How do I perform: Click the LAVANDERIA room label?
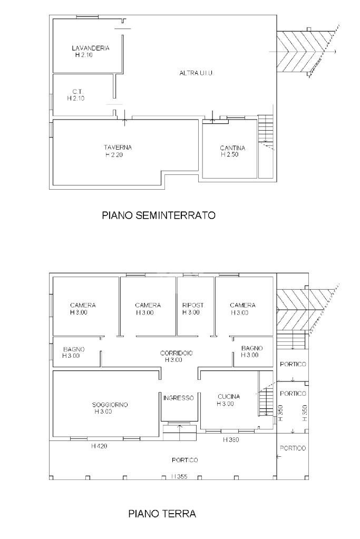coord(91,48)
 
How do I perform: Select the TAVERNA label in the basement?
coord(118,148)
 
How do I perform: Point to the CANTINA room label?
coord(233,148)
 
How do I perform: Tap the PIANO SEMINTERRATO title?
coord(159,215)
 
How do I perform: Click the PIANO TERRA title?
coord(162,514)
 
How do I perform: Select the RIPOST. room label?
coord(193,305)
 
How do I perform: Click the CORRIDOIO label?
coord(177,353)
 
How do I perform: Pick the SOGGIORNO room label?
coord(110,405)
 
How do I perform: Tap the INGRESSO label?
coord(179,398)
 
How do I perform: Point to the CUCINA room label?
coord(229,396)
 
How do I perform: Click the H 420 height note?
coord(100,446)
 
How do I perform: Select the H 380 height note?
coord(231,439)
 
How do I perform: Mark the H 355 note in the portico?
coord(179,476)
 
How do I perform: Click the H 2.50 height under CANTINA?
coord(230,155)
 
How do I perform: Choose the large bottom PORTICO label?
coord(185,460)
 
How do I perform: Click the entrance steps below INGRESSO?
coord(179,432)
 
